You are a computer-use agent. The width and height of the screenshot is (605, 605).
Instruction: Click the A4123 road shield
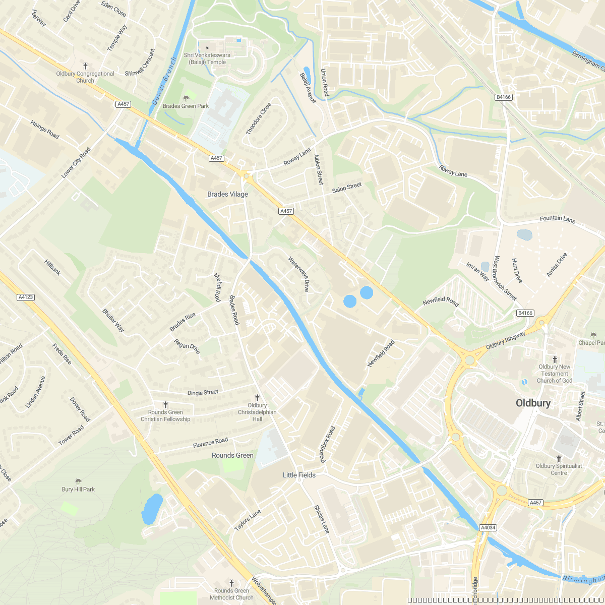(25, 297)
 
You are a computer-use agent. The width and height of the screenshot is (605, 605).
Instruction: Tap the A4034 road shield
(488, 527)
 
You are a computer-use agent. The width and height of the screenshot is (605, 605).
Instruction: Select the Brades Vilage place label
(228, 194)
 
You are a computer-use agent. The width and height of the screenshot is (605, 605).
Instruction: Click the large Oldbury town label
(533, 403)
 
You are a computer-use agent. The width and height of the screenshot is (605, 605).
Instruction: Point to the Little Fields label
(299, 475)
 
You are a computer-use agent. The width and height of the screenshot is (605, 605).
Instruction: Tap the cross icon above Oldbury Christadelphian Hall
(257, 397)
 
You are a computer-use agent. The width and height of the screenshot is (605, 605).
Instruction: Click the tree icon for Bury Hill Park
(78, 481)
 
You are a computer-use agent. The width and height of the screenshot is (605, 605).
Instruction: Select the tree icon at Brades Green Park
(186, 98)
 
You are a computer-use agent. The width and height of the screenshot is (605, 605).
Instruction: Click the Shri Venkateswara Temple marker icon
(207, 48)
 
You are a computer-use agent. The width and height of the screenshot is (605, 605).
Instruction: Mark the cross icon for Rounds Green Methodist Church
(231, 583)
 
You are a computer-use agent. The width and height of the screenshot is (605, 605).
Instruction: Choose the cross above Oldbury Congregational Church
(85, 66)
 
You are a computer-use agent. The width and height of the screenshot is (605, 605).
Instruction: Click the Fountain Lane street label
(557, 219)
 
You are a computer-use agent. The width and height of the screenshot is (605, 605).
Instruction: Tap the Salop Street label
(347, 188)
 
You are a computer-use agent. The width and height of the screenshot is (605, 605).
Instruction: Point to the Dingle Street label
(203, 392)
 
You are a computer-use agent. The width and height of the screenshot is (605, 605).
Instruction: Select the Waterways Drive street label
(298, 274)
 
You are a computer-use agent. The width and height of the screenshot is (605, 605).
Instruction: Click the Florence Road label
(210, 443)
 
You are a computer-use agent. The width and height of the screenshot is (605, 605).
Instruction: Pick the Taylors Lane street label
(248, 520)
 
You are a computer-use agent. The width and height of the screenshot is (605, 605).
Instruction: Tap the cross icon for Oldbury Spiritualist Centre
(559, 458)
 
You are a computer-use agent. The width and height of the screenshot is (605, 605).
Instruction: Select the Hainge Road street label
(45, 130)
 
